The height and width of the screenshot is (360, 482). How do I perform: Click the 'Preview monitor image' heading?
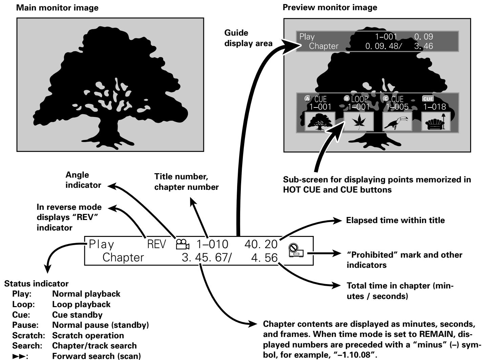[x=330, y=8]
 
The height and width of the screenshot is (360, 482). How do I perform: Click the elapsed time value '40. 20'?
[x=263, y=244]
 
